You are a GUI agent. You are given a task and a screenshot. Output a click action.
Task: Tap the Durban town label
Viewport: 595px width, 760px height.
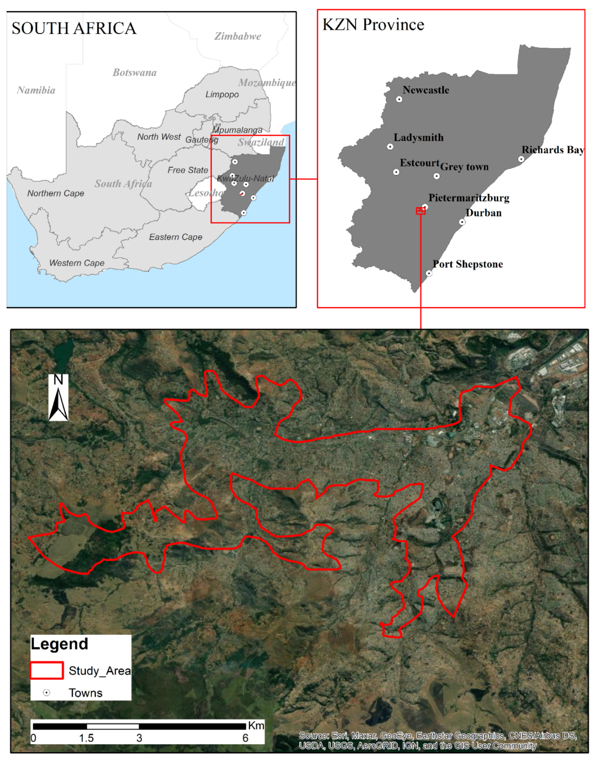click(x=484, y=213)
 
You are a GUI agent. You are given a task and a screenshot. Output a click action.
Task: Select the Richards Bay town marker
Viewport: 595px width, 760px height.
click(x=521, y=159)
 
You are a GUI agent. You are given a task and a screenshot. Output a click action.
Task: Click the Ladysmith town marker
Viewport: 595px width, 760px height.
click(x=390, y=147)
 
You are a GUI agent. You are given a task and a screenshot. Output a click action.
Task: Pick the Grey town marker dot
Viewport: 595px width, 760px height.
click(x=436, y=176)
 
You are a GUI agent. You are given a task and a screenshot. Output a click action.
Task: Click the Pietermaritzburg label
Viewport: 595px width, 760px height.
click(x=469, y=198)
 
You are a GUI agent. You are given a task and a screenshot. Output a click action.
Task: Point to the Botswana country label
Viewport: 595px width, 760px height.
click(x=134, y=73)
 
